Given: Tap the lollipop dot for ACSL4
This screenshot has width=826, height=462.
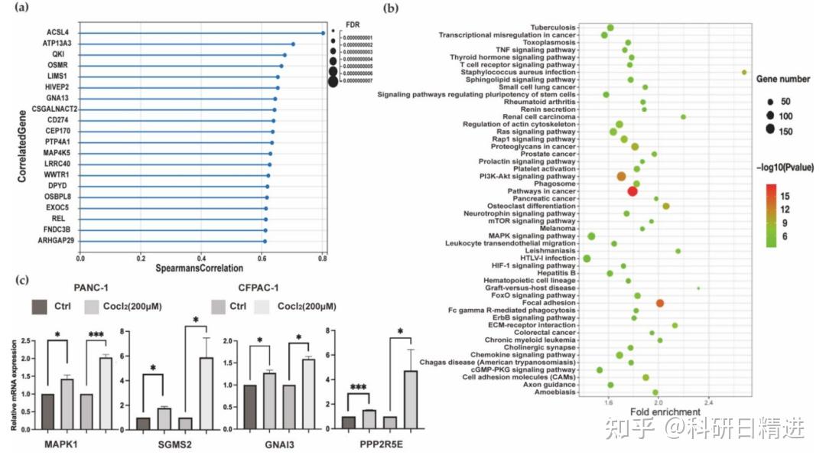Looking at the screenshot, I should pyautogui.click(x=323, y=33).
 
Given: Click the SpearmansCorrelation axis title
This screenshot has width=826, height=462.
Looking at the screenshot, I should pyautogui.click(x=200, y=268).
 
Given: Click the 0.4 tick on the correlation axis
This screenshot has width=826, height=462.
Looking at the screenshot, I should pyautogui.click(x=200, y=259).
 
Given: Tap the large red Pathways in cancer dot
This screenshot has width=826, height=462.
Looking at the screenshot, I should pyautogui.click(x=632, y=190).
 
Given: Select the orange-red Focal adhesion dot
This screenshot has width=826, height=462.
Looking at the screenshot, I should pyautogui.click(x=659, y=304).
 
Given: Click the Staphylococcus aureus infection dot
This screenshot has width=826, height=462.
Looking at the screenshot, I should pyautogui.click(x=743, y=72).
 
